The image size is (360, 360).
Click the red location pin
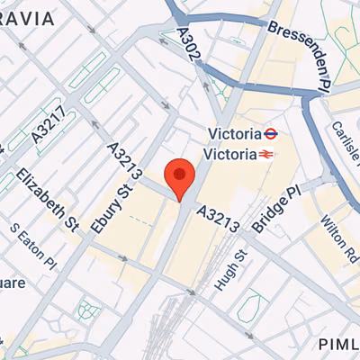click(180, 177)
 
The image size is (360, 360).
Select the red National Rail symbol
click(266, 154)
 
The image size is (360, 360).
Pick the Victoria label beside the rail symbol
click(232, 154)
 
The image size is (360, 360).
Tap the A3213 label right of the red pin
click(218, 219)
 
